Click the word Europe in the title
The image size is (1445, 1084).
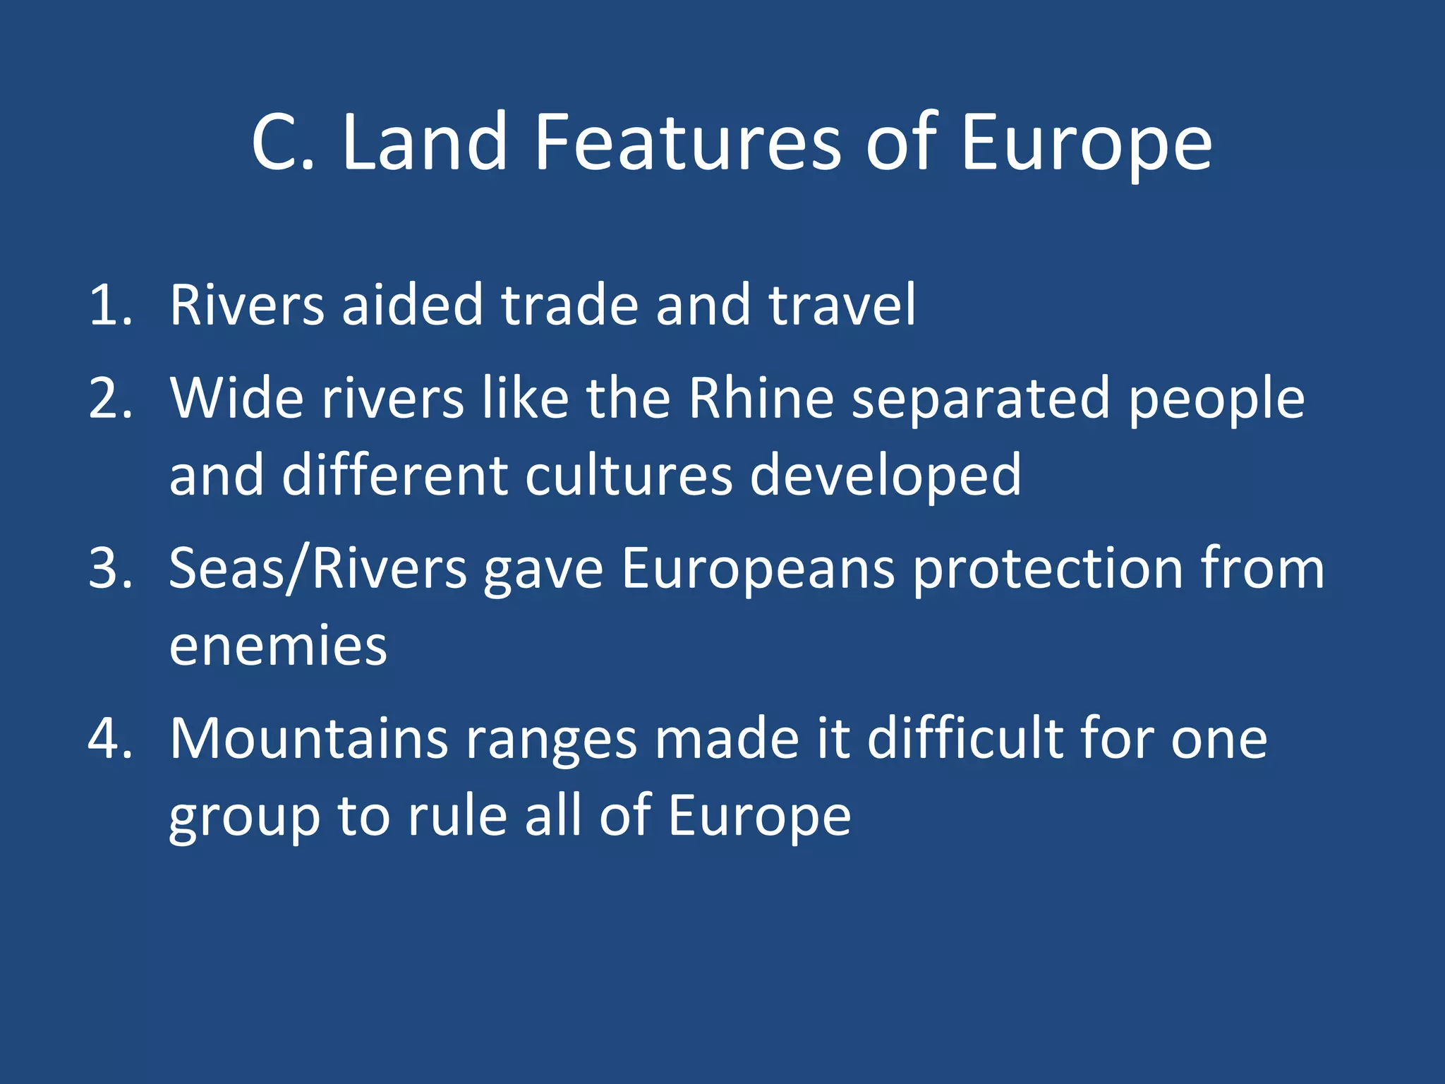[x=1086, y=145]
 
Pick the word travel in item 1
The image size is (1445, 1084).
[x=842, y=305]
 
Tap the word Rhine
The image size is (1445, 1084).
[x=762, y=398]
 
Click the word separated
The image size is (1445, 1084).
[x=981, y=399]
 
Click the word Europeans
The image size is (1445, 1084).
[x=758, y=570]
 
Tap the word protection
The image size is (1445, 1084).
[x=1048, y=570]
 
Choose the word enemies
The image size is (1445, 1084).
[x=278, y=646]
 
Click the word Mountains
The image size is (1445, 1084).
[x=309, y=739]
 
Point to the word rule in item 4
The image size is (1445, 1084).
[x=458, y=816]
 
